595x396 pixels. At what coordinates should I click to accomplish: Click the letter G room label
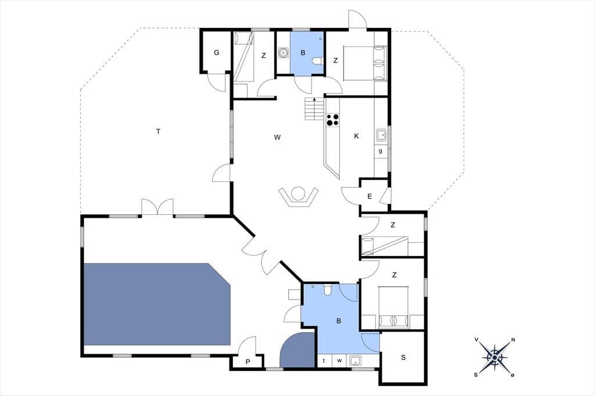click(217, 53)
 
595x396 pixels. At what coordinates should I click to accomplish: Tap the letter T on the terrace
click(158, 132)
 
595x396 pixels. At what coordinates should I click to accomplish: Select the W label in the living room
click(277, 137)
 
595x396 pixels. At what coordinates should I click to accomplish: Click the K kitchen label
click(356, 136)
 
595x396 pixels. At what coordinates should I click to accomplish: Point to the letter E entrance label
click(370, 196)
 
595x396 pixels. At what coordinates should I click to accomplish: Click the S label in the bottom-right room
click(403, 357)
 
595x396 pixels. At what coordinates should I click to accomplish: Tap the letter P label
click(248, 362)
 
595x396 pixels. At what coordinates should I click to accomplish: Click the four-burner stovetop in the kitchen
click(333, 120)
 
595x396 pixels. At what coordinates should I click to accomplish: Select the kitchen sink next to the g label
click(381, 135)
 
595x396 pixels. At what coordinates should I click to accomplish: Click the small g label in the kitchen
click(381, 151)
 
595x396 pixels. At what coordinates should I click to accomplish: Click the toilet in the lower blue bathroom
click(328, 290)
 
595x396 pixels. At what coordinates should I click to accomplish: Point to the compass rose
click(495, 357)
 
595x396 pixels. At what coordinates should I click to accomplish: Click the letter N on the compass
click(513, 340)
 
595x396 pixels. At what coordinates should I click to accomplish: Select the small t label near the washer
click(324, 361)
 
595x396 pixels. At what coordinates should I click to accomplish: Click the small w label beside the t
click(339, 361)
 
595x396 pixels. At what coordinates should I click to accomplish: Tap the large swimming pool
click(157, 304)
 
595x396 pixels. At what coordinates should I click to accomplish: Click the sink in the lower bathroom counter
click(356, 361)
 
